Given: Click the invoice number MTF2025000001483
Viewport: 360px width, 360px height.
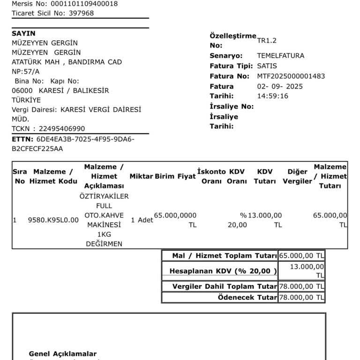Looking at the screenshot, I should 291,76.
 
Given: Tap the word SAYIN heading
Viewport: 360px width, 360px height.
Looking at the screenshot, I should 23,34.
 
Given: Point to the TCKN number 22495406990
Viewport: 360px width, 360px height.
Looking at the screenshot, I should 59,128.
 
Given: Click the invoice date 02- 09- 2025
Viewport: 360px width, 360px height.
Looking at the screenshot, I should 280,86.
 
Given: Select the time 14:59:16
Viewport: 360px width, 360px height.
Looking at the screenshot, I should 272,96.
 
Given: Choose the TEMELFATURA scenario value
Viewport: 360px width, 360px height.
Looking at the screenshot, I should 280,56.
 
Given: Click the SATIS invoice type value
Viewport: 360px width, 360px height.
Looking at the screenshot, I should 267,66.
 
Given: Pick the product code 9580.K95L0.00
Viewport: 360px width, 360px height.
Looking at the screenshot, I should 53,220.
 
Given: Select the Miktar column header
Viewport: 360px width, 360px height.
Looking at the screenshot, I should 141,177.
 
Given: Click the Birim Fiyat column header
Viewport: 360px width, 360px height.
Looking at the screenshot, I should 175,177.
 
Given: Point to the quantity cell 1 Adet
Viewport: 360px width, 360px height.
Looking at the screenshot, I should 142,220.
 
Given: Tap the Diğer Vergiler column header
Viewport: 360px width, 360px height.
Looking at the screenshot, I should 297,177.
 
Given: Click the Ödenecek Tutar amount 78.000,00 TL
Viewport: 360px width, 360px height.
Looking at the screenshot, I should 301,298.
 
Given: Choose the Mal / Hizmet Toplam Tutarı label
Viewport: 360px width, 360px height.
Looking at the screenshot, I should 225,256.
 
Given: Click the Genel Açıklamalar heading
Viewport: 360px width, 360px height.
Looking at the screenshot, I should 63,354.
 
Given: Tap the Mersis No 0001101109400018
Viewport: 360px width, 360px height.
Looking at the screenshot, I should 82,4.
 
